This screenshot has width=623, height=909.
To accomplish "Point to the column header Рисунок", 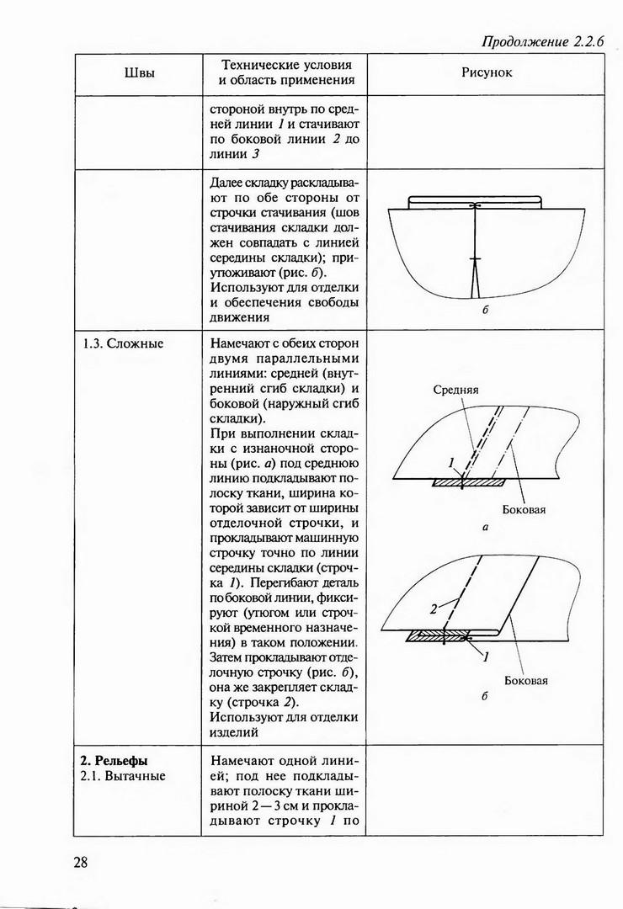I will coord(487,72).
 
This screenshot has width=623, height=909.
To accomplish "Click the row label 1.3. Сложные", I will coord(123,343).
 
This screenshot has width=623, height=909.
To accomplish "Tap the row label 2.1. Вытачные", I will coord(123,776).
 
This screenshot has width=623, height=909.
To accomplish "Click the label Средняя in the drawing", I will coord(455,390).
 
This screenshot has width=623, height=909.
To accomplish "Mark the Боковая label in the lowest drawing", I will coord(526,680).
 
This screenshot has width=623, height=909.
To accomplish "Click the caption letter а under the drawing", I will coord(486,529).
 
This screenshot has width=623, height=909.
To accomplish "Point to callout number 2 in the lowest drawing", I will coord(433,607).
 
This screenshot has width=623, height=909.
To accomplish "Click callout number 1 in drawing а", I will coord(451,462).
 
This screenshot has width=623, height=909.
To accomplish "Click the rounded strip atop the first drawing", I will coord(473,201).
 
